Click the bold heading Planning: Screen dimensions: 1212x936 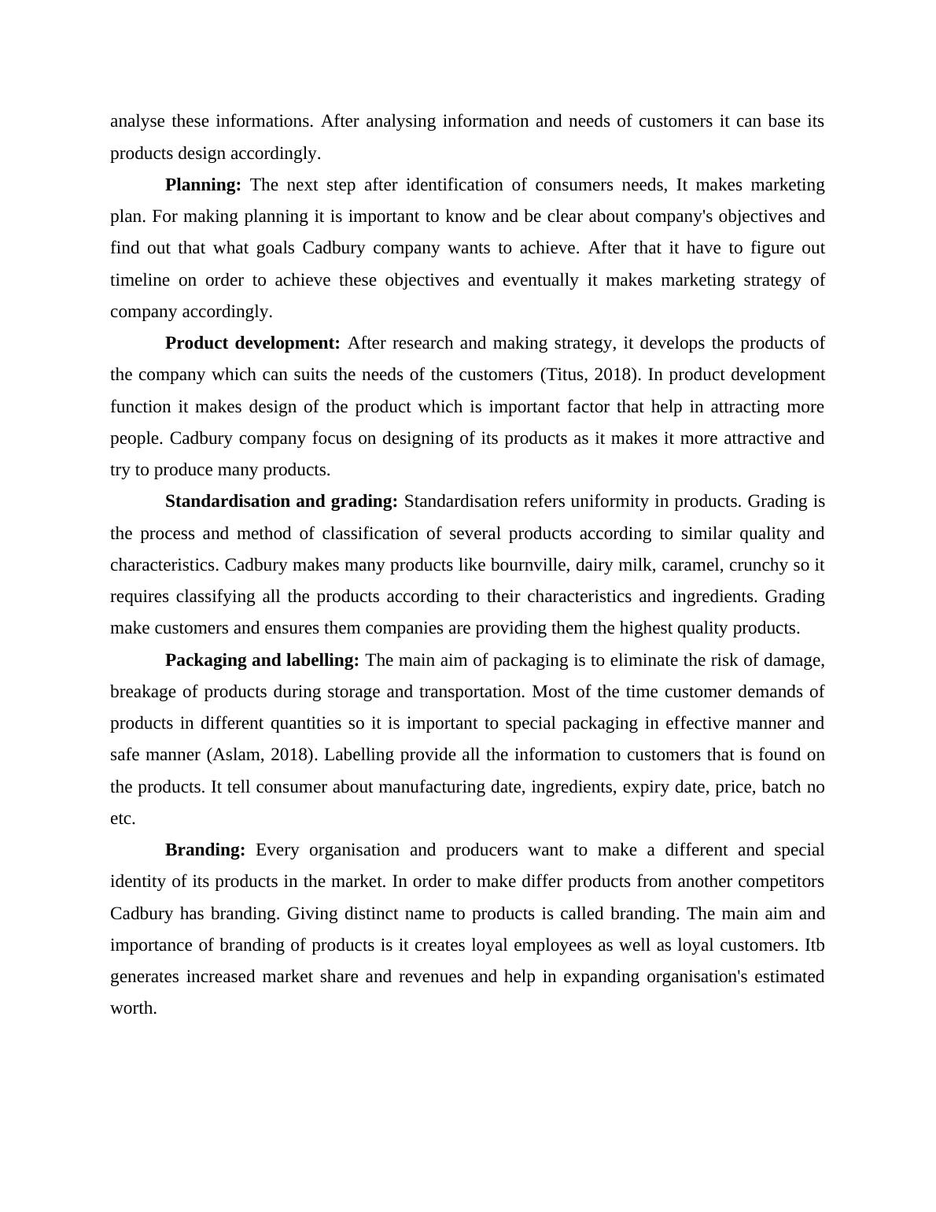click(x=203, y=185)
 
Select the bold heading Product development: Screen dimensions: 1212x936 click(x=252, y=343)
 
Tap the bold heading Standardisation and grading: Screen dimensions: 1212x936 click(x=281, y=501)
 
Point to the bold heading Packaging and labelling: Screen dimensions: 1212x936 click(x=262, y=660)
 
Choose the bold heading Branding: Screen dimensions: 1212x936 click(x=205, y=850)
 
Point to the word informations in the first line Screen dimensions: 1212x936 click(x=264, y=121)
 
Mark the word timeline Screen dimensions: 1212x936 click(x=139, y=280)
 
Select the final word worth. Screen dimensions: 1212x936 click(x=133, y=1008)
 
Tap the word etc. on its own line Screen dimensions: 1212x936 click(x=123, y=818)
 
